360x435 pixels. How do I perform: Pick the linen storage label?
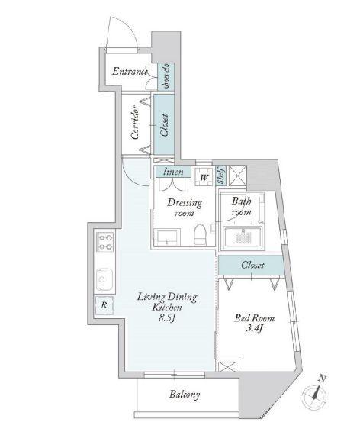click(x=173, y=172)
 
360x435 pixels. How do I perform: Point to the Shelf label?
click(x=220, y=176)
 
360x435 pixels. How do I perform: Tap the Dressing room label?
click(x=185, y=208)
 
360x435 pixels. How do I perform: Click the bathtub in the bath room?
click(x=243, y=237)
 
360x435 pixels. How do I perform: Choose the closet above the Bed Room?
click(x=252, y=265)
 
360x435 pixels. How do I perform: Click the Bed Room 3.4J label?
click(x=253, y=324)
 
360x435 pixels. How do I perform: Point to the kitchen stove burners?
click(x=104, y=246)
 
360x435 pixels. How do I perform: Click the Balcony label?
click(x=185, y=395)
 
